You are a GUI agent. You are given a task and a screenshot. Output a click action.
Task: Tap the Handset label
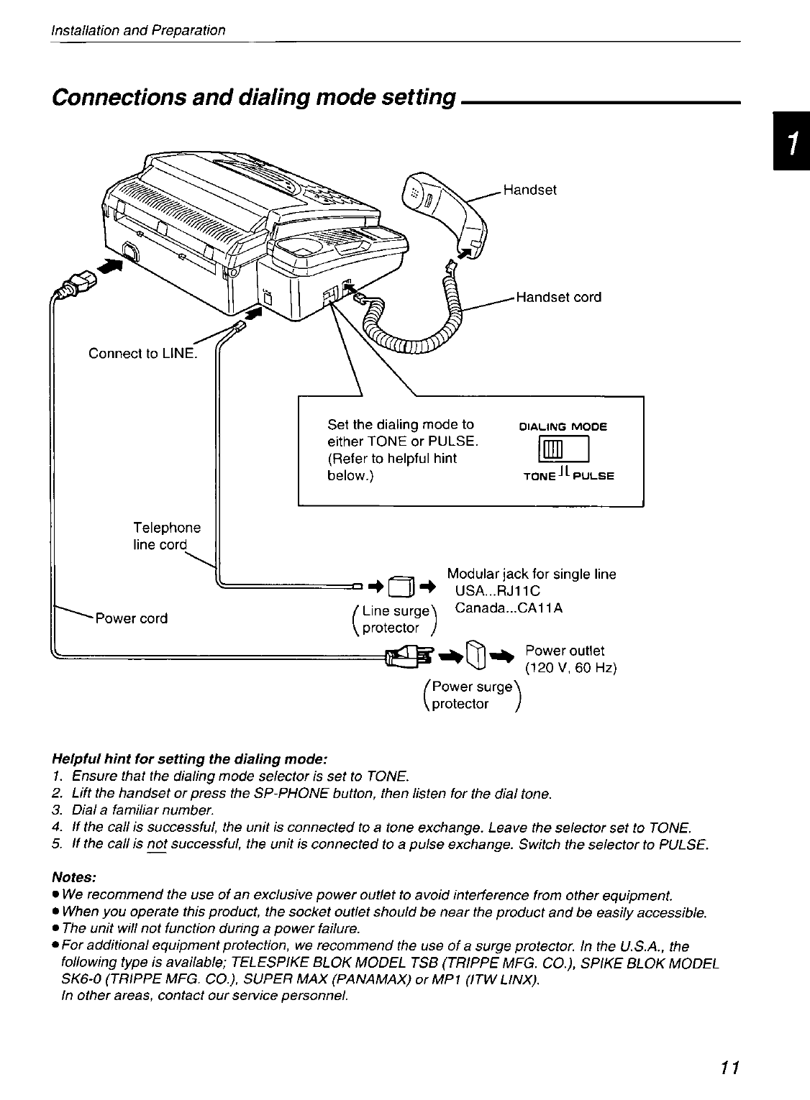pyautogui.click(x=529, y=190)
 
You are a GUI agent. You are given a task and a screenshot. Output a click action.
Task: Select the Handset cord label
pyautogui.click(x=558, y=298)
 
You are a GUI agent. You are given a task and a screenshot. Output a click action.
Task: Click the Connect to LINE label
pyautogui.click(x=142, y=353)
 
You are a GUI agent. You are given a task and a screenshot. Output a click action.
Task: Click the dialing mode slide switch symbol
pyautogui.click(x=559, y=451)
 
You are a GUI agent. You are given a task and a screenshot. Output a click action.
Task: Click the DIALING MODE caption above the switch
pyautogui.click(x=563, y=426)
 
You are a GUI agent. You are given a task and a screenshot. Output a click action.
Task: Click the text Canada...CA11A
pyautogui.click(x=509, y=608)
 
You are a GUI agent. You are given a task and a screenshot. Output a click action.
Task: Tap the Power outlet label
pyautogui.click(x=565, y=651)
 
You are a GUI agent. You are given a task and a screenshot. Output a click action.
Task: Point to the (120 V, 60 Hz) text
pyautogui.click(x=571, y=668)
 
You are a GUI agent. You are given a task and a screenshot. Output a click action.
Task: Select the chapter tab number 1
pyautogui.click(x=792, y=142)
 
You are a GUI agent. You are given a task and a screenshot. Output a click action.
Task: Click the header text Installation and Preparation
pyautogui.click(x=138, y=30)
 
